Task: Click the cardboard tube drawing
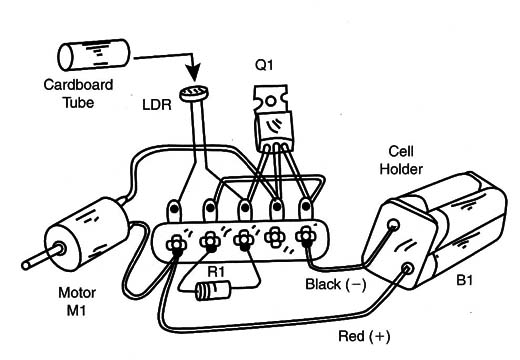[94, 55]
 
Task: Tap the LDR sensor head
[194, 93]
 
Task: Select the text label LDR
[157, 105]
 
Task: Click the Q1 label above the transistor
[264, 65]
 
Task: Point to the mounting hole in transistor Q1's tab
[271, 101]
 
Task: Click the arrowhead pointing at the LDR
[193, 73]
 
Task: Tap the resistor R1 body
[213, 291]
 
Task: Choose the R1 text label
[216, 272]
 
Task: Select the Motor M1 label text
[77, 302]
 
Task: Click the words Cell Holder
[401, 160]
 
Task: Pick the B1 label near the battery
[464, 281]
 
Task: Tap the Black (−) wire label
[336, 285]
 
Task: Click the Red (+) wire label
[364, 336]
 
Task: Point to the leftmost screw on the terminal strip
[177, 245]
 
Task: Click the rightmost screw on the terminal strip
[306, 236]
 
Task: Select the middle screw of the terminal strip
[244, 240]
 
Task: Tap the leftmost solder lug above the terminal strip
[174, 210]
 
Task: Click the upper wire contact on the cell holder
[393, 224]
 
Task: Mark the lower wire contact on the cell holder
[407, 268]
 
